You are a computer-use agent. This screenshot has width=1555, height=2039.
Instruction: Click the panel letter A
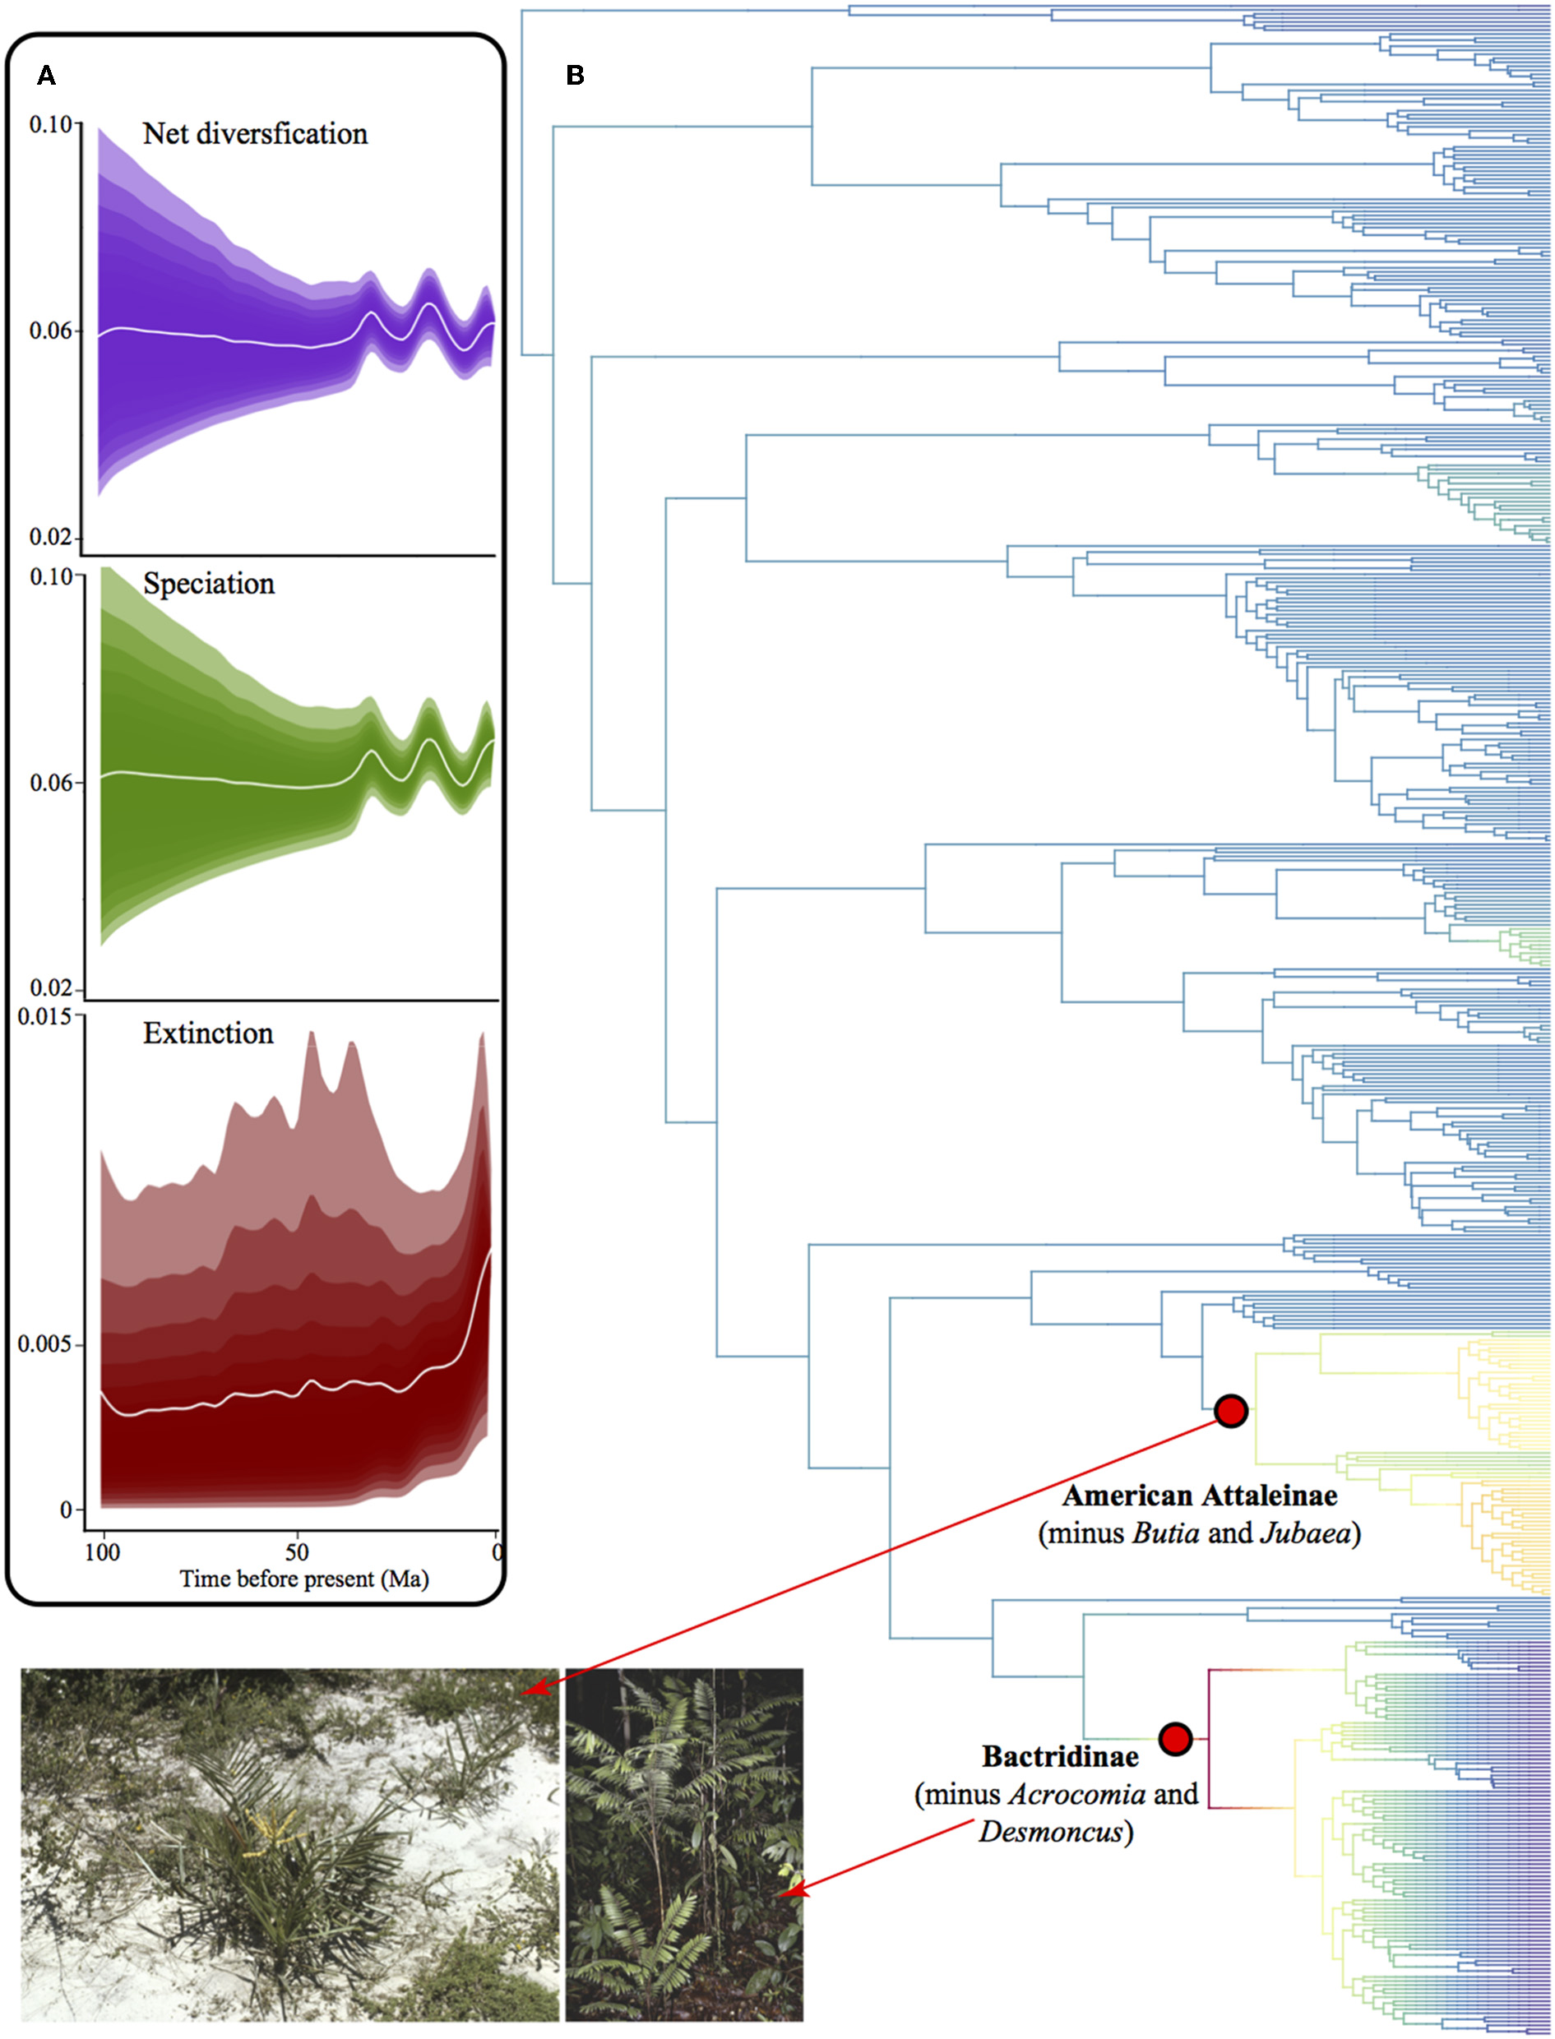click(45, 76)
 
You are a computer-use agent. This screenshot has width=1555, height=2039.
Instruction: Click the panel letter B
click(575, 76)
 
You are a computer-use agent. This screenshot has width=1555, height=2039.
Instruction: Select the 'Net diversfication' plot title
click(255, 134)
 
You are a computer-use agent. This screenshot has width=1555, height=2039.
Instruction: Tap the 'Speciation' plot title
click(208, 584)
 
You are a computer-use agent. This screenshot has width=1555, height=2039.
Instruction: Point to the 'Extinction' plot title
click(208, 1033)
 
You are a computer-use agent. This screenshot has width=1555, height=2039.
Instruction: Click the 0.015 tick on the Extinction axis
click(44, 1017)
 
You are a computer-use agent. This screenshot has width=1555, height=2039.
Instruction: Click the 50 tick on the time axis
click(296, 1551)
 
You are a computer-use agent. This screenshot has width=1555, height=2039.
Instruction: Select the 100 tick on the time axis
click(102, 1551)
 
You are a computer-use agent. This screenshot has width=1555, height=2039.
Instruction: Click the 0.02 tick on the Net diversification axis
click(50, 537)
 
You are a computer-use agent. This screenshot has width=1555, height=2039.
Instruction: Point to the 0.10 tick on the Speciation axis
click(50, 576)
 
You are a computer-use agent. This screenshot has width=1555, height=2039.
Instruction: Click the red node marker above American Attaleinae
click(1231, 1411)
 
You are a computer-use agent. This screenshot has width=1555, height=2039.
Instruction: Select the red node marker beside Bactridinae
click(1174, 1738)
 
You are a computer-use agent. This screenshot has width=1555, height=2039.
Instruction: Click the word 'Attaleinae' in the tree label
click(1270, 1496)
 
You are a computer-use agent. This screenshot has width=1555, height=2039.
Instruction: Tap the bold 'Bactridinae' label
click(1060, 1757)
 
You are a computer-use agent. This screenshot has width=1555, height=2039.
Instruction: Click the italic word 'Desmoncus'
click(1051, 1832)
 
